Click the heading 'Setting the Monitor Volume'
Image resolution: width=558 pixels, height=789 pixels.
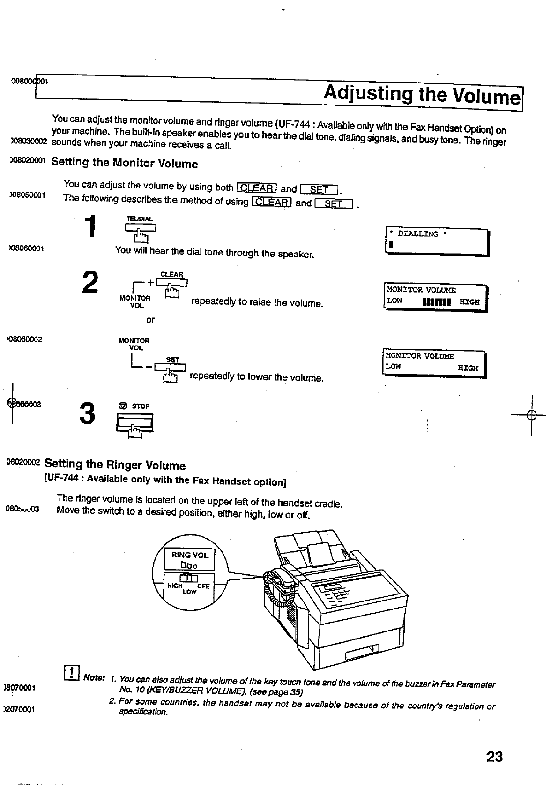[124, 163]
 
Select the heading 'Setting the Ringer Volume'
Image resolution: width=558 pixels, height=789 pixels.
[115, 465]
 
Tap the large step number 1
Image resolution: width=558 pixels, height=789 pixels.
[93, 227]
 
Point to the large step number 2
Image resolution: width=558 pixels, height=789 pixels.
[90, 282]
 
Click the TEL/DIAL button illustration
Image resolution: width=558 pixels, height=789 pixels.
[140, 228]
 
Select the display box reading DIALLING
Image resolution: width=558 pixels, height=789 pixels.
[436, 241]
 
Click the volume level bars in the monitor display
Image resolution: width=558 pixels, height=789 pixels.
[436, 302]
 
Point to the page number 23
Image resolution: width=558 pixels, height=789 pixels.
[494, 757]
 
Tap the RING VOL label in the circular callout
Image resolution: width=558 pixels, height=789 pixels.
[190, 555]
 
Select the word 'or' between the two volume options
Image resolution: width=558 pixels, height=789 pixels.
[150, 320]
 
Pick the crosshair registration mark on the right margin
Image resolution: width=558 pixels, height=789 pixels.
[531, 414]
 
